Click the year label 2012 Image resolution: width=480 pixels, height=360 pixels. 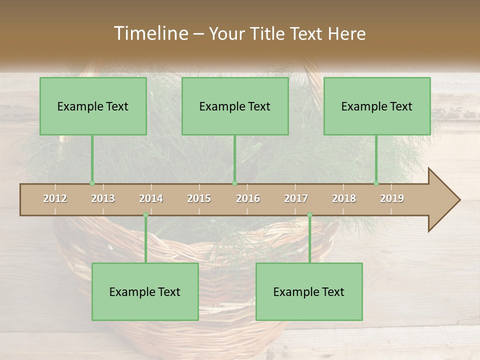click(55, 198)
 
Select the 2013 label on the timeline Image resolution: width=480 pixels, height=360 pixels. click(103, 198)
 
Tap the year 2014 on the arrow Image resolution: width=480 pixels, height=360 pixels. click(151, 198)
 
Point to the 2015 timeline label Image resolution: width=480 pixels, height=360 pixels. click(199, 198)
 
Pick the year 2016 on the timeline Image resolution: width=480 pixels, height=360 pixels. click(248, 198)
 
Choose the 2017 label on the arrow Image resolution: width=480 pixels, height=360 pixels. click(296, 198)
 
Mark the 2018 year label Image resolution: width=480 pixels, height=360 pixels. click(344, 198)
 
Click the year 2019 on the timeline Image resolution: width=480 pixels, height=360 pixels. click(392, 198)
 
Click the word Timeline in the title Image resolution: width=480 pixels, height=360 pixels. click(150, 33)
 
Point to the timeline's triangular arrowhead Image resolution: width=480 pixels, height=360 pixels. click(444, 200)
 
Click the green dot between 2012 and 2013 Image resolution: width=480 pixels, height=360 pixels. click(92, 183)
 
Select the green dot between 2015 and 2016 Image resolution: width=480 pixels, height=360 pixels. click(234, 183)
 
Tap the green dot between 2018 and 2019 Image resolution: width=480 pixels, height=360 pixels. click(376, 183)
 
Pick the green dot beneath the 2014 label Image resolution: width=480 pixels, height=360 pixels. click(145, 215)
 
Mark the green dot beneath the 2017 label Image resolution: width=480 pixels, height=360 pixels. click(309, 215)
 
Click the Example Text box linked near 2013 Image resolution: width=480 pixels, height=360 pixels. click(93, 106)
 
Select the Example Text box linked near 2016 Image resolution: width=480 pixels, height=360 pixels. click(235, 106)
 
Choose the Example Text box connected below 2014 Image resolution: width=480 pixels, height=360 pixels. click(145, 291)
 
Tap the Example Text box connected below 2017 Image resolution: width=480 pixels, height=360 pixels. click(309, 291)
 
